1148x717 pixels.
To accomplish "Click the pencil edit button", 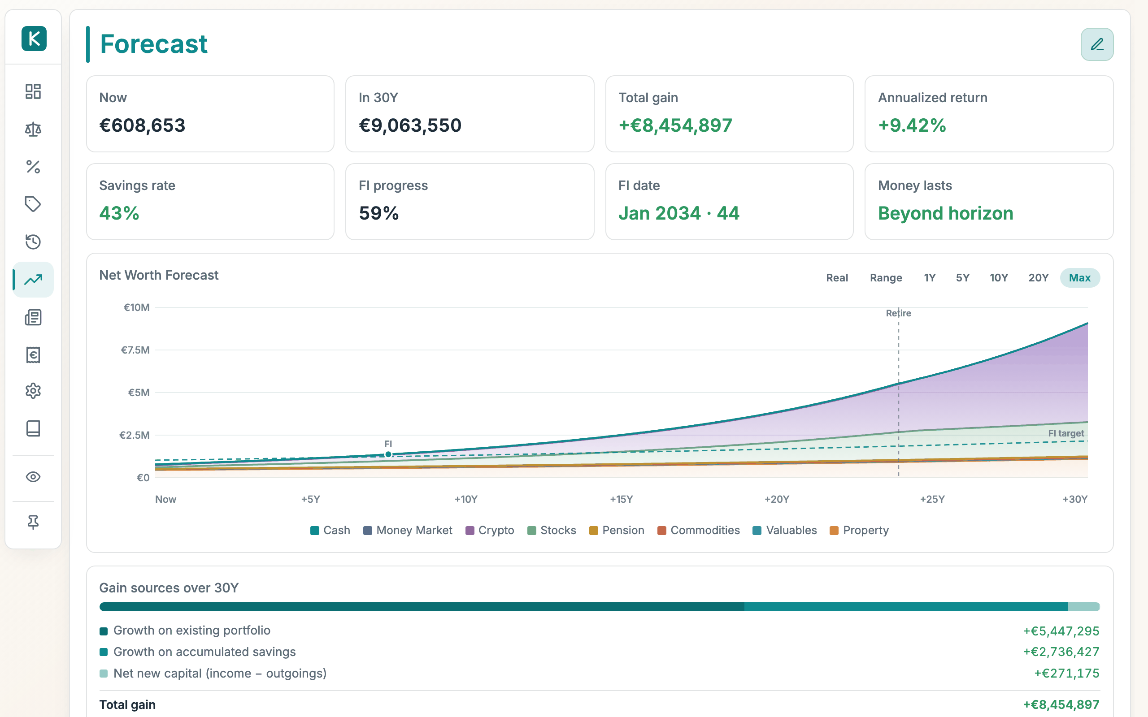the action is coord(1097,44).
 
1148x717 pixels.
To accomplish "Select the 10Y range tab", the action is coord(999,278).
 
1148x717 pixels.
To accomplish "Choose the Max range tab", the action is coord(1080,278).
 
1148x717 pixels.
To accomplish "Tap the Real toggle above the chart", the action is coord(837,278).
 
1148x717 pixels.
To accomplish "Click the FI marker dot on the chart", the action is coord(388,454).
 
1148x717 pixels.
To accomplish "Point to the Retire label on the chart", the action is coord(898,313).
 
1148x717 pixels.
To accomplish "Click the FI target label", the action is coord(1066,433).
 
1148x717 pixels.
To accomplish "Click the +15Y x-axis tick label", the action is coord(622,499).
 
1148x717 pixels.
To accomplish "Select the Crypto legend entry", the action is coord(490,530).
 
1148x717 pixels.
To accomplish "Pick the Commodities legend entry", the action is coord(698,530).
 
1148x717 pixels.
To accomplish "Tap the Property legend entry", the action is coord(859,530).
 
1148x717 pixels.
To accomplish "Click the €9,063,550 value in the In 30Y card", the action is coord(410,125).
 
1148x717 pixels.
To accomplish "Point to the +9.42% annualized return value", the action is coord(912,125).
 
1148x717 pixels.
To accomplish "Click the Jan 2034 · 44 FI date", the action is coord(679,213).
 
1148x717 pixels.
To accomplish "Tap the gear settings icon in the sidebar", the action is coord(33,391).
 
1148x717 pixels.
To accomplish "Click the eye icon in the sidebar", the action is coord(33,476).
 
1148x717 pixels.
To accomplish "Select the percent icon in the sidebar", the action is coord(33,166).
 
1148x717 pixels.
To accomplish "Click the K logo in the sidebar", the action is coord(34,39).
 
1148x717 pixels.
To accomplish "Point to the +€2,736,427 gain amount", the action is coord(1061,652).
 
